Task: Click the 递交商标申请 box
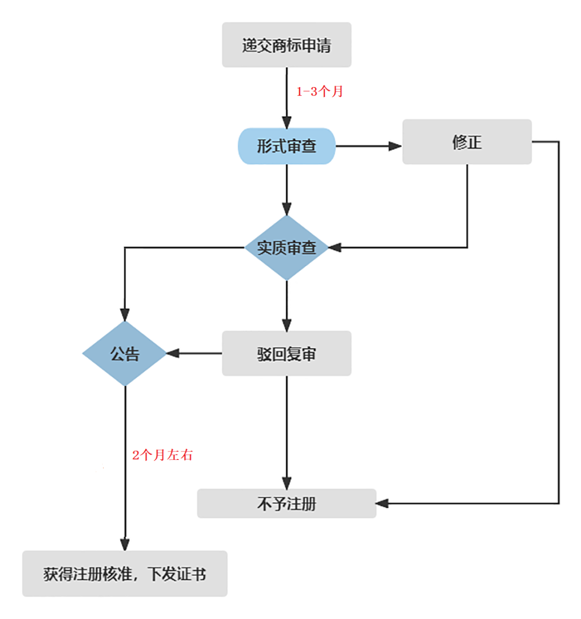[286, 45]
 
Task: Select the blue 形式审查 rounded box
[286, 146]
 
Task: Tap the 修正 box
[466, 142]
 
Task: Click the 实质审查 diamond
[286, 248]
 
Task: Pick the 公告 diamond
[125, 354]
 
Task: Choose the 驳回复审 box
[286, 354]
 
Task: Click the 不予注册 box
[286, 503]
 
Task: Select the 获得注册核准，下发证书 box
[125, 574]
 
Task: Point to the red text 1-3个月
[320, 91]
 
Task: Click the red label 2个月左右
[162, 455]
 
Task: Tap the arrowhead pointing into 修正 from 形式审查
[395, 146]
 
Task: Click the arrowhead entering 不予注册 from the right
[382, 503]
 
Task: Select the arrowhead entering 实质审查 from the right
[335, 248]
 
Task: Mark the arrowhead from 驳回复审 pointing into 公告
[173, 354]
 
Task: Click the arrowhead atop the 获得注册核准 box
[125, 544]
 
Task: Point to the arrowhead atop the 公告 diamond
[125, 315]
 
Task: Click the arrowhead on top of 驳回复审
[287, 325]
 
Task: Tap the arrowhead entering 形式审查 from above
[287, 122]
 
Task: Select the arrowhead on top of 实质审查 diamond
[287, 209]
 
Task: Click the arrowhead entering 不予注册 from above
[287, 483]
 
